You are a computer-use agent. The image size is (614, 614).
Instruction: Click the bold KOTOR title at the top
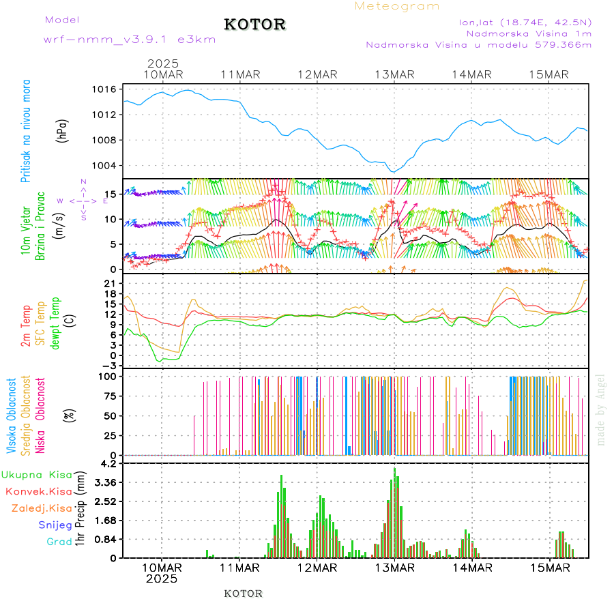(x=255, y=25)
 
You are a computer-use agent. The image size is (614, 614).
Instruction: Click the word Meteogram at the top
(x=397, y=6)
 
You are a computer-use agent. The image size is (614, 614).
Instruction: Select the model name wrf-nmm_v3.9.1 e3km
(x=130, y=40)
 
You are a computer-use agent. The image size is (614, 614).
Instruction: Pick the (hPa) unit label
(x=63, y=130)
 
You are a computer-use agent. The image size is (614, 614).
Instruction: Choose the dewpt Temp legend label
(x=55, y=323)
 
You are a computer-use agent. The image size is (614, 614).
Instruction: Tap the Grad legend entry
(x=59, y=542)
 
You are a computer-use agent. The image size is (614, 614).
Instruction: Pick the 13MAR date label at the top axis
(x=395, y=74)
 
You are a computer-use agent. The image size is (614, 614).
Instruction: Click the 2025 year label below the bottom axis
(x=162, y=579)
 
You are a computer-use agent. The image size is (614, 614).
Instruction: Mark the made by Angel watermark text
(x=601, y=409)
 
